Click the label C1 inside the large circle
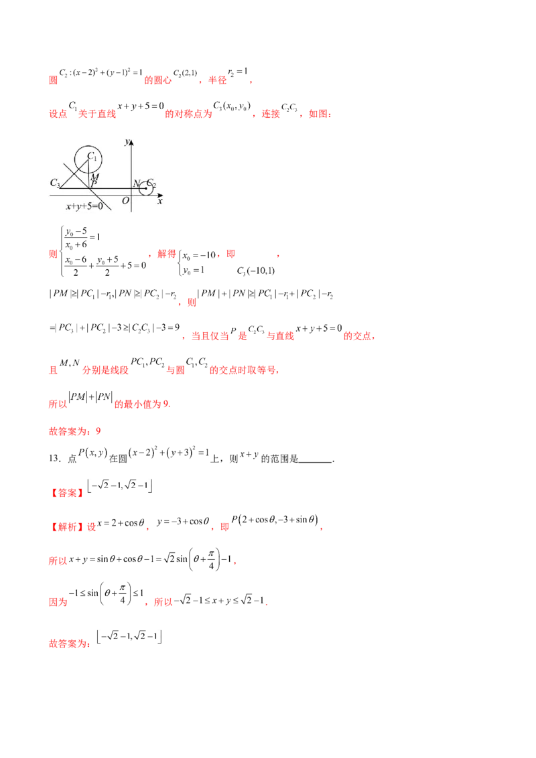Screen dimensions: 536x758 pyautogui.click(x=93, y=157)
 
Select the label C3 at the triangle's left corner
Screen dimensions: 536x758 pyautogui.click(x=55, y=183)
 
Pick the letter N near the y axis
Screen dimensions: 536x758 pyautogui.click(x=136, y=183)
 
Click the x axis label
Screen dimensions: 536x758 pyautogui.click(x=159, y=200)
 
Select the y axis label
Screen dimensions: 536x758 pyautogui.click(x=126, y=142)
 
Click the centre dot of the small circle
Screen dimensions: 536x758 pyautogui.click(x=146, y=188)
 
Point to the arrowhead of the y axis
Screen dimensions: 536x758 pyautogui.click(x=132, y=142)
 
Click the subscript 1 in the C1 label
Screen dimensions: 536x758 pyautogui.click(x=96, y=159)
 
